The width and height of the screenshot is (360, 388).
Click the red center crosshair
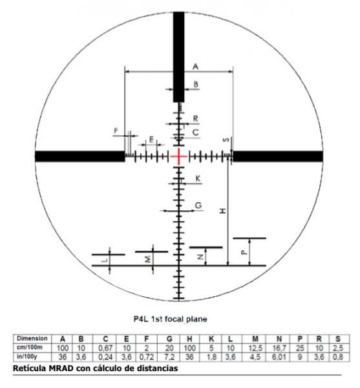(179, 156)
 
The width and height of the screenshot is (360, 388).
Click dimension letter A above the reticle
(195, 67)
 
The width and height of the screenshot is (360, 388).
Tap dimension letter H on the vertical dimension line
(223, 211)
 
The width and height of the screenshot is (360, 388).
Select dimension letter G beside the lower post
(198, 205)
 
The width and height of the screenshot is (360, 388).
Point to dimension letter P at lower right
(244, 252)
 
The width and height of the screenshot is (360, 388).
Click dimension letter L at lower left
(105, 260)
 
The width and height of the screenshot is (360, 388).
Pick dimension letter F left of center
(116, 131)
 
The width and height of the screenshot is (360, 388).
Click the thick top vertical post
(178, 57)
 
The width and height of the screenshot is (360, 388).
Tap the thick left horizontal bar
(80, 156)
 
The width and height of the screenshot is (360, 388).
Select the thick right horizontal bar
(278, 156)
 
